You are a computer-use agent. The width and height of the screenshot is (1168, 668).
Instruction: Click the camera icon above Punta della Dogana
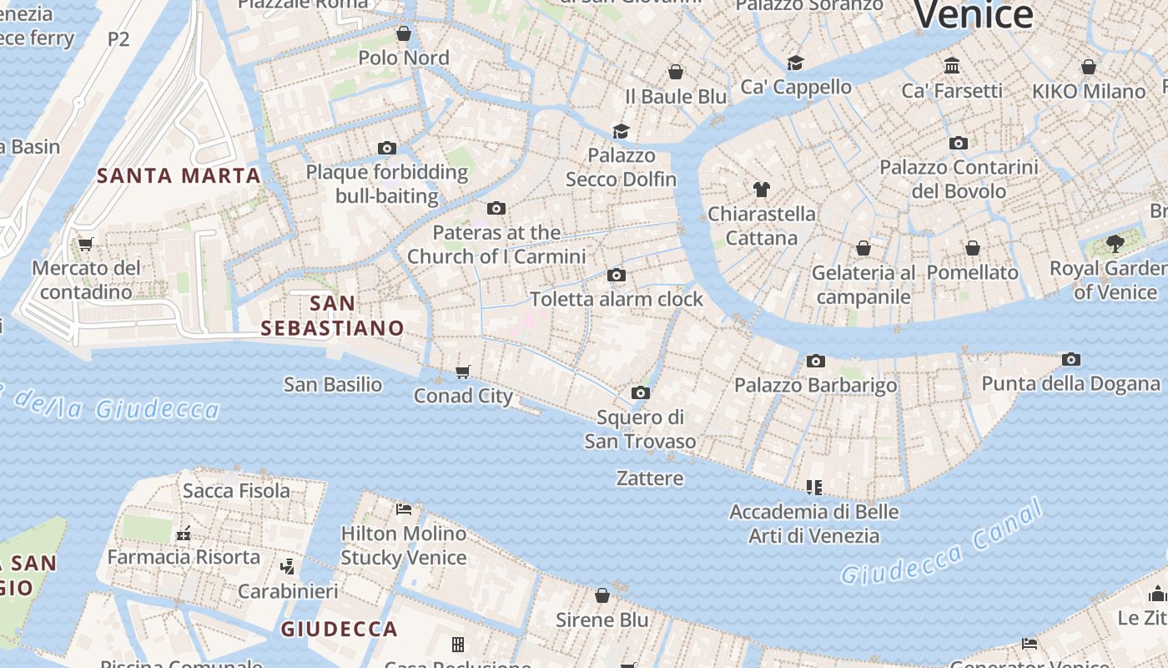[x=1071, y=360]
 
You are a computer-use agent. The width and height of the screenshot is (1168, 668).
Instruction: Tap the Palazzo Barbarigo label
[x=815, y=385]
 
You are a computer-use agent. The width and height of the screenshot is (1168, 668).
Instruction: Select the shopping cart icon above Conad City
[x=463, y=372]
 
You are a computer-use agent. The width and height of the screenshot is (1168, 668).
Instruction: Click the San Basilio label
[x=333, y=385]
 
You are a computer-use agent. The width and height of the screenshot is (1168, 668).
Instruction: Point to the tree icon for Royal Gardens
[x=1115, y=244]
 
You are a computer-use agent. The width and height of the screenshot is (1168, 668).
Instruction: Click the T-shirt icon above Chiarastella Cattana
[x=761, y=190]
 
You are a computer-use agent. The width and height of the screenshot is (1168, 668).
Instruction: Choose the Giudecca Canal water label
[x=943, y=543]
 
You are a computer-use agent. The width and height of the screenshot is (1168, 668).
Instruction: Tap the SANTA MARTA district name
[x=179, y=176]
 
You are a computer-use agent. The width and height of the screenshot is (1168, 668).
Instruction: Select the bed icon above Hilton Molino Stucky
[x=404, y=509]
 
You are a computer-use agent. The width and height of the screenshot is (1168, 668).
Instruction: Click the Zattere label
[x=650, y=478]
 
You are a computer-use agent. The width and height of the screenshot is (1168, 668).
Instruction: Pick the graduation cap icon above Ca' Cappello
[x=795, y=63]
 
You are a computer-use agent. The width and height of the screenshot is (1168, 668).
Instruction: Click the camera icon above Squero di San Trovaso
[x=640, y=392]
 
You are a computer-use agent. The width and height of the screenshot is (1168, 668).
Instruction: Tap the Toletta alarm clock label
[x=617, y=299]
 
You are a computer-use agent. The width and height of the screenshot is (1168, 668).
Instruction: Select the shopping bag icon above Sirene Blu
[x=602, y=595]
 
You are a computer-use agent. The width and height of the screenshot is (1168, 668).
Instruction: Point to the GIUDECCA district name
[x=339, y=629]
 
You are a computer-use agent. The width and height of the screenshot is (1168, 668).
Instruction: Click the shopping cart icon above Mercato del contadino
[x=85, y=245]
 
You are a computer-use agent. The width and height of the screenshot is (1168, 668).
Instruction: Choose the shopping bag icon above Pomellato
[x=972, y=248]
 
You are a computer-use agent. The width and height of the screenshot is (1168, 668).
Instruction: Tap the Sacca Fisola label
[x=236, y=491]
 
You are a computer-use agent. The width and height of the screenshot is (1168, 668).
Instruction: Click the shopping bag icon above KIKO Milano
[x=1088, y=67]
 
